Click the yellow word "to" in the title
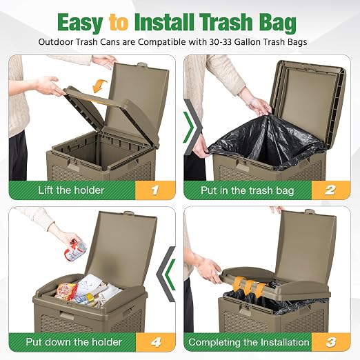coord(119,22)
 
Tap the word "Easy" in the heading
coord(80,23)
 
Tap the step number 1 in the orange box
coord(155,190)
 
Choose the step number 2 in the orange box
coord(330,190)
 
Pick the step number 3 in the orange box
coord(330,342)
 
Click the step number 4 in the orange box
coord(156,342)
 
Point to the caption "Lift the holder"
coord(71,190)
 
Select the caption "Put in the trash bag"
coord(247,190)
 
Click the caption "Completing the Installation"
coord(249,342)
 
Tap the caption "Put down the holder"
coord(74,342)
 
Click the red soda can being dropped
coord(75,250)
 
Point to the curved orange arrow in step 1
coord(99,86)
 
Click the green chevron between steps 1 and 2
coord(189,127)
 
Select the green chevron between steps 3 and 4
coord(170,274)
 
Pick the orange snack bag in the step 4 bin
coord(66,291)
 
